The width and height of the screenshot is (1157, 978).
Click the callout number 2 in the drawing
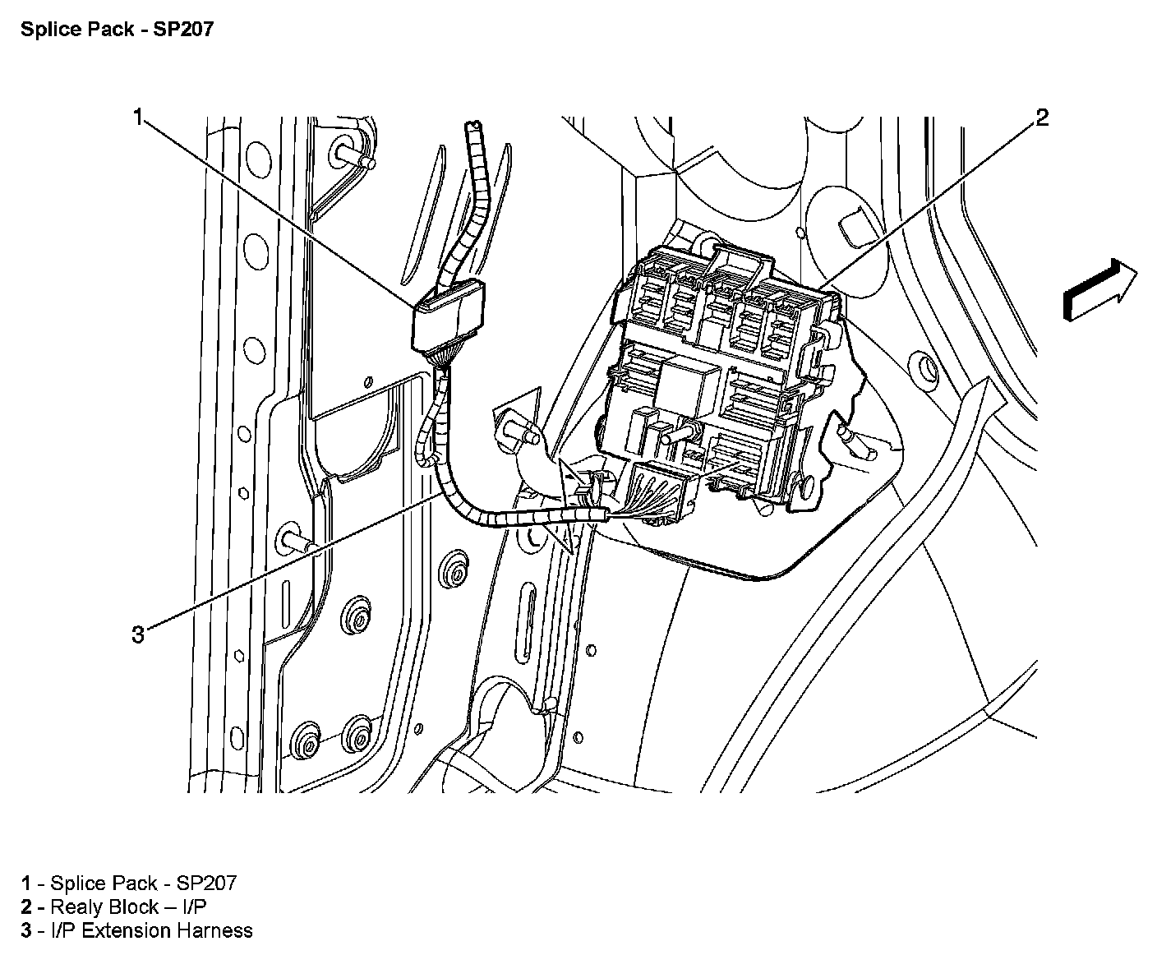[1041, 118]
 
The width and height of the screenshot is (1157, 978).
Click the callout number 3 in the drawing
[138, 634]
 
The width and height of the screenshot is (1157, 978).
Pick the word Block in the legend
[132, 907]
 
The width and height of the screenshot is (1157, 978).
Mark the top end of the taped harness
[472, 127]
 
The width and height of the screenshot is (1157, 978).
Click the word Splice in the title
[43, 30]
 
